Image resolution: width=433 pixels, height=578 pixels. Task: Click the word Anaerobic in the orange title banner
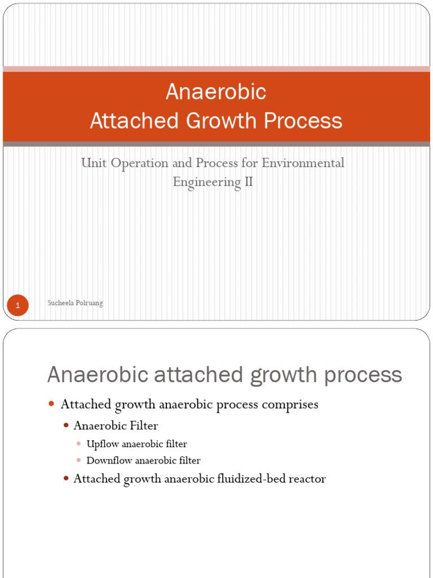216,92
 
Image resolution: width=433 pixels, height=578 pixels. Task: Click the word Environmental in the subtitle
307,163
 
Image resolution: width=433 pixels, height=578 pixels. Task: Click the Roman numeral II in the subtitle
248,182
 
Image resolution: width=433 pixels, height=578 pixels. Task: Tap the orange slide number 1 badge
17,305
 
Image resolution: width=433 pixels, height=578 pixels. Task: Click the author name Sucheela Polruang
74,303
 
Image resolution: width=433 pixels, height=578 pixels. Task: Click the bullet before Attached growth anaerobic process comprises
51,405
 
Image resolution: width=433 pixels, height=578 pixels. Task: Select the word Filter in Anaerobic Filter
144,426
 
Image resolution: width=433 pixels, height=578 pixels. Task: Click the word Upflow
100,444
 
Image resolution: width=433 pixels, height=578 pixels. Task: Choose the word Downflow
106,461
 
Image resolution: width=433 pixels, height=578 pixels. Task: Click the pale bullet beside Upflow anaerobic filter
79,444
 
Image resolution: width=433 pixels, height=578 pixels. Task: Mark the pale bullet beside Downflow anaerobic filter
79,461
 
